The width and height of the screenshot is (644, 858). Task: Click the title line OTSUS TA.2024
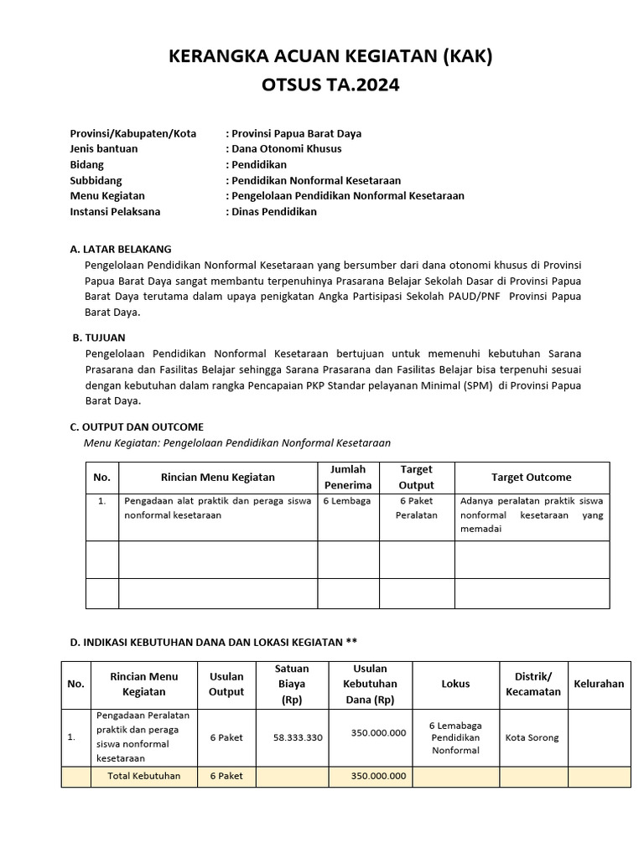[x=323, y=85]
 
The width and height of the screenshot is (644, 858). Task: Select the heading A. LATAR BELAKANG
[x=121, y=249]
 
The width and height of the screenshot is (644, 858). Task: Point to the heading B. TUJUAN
[x=99, y=338]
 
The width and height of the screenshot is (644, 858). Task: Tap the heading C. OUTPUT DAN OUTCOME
[x=137, y=426]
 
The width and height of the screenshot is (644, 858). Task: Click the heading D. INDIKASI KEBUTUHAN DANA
[x=213, y=642]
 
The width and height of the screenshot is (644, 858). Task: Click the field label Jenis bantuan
[x=104, y=149]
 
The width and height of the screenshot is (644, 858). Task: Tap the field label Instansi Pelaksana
[x=115, y=212]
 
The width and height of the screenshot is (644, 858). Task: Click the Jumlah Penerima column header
[x=348, y=477]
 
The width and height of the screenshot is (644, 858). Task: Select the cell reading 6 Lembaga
[x=346, y=501]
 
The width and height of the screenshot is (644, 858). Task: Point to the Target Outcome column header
[x=531, y=477]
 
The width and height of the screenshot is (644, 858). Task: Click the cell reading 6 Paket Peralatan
[x=417, y=508]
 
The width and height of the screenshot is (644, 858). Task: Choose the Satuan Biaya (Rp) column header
[x=292, y=684]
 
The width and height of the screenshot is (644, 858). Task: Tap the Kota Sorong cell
[x=532, y=738]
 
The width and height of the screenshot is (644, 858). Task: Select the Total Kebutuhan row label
[x=143, y=776]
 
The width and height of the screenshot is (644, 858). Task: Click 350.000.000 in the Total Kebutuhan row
[x=378, y=776]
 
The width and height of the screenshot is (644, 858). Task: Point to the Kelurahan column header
[x=599, y=684]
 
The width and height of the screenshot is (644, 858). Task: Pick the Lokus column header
[x=455, y=684]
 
